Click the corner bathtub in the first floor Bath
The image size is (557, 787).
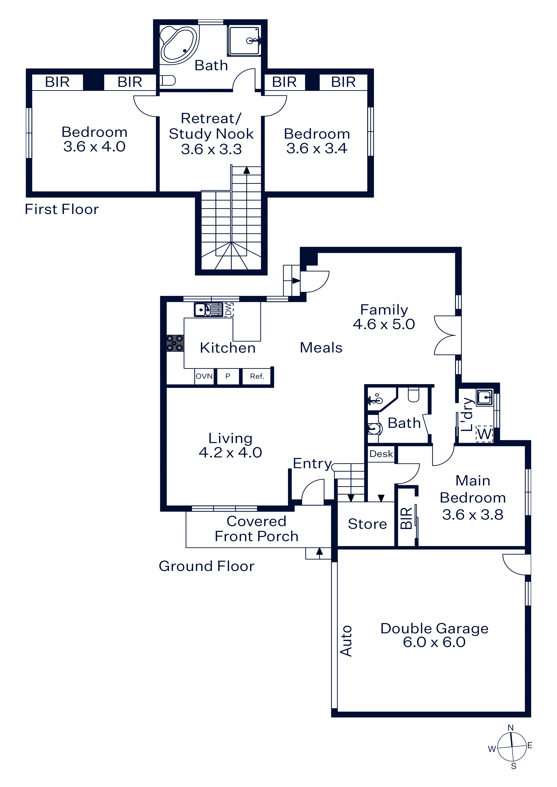179,45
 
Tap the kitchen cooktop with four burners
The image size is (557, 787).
175,343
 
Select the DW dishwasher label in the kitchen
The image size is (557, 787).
229,310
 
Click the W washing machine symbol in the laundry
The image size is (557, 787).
485,434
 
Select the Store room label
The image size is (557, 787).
367,524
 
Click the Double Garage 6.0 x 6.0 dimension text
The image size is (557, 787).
434,642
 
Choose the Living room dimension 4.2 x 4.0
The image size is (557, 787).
230,453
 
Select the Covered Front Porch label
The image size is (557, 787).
256,529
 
